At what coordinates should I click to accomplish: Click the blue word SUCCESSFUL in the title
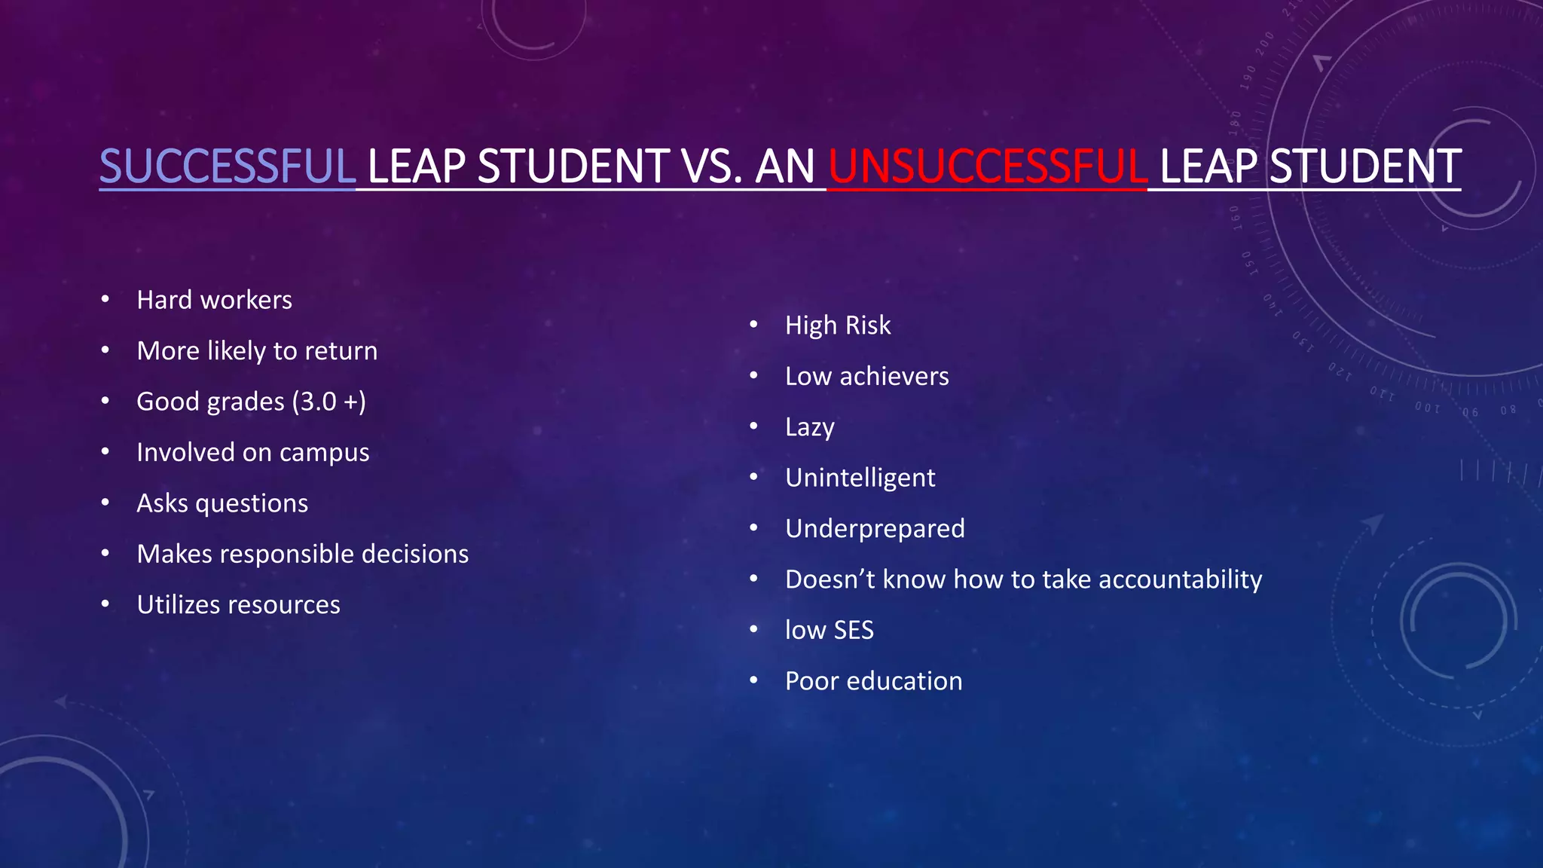tap(227, 167)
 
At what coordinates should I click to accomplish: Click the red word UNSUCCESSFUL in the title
tap(987, 167)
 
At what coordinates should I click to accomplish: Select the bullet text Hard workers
tap(214, 300)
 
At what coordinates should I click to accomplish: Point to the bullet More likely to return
tap(257, 351)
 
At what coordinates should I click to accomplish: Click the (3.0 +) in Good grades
tap(330, 402)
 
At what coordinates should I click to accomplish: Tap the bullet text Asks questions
tap(222, 503)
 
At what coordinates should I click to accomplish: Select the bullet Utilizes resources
tap(238, 605)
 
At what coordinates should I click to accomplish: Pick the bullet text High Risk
tap(838, 325)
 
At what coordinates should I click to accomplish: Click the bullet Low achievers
tap(866, 376)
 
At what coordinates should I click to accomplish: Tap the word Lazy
tap(810, 427)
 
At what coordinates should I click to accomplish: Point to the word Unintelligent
tap(860, 478)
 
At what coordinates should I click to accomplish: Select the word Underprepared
tap(875, 529)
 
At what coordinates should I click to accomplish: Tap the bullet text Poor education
tap(873, 681)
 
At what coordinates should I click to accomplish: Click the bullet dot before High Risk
tap(753, 325)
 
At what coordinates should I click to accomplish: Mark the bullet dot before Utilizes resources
tap(105, 604)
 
